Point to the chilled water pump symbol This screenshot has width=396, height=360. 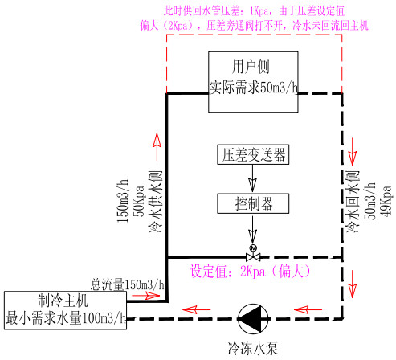click(x=253, y=319)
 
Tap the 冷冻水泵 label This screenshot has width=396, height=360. click(x=252, y=348)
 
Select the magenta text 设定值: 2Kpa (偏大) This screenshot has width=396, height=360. click(x=251, y=271)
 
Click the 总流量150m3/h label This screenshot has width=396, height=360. click(x=128, y=284)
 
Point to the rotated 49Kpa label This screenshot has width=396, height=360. click(x=386, y=201)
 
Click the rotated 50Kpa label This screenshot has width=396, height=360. click(x=139, y=201)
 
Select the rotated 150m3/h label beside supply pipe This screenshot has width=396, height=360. click(x=123, y=200)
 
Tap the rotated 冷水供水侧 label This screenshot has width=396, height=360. click(x=156, y=202)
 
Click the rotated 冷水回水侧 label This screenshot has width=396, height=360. click(x=353, y=202)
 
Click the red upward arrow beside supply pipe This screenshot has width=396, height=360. click(x=157, y=146)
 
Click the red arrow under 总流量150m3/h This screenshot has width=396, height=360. click(x=146, y=296)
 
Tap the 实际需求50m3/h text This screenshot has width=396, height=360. click(x=253, y=88)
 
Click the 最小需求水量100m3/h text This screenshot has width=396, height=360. click(x=66, y=318)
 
